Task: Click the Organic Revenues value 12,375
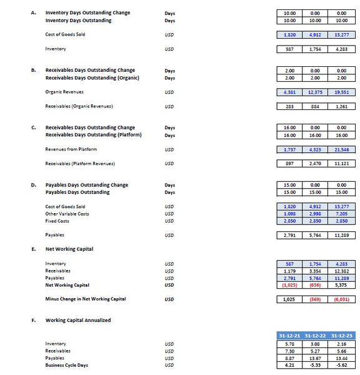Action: [x=316, y=92]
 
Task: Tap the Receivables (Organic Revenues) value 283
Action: [x=289, y=106]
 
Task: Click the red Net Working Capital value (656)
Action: [x=316, y=285]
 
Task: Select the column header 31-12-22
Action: [x=316, y=336]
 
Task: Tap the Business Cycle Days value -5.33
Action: [x=316, y=366]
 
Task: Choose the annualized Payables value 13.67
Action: [x=316, y=358]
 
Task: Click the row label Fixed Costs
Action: [x=58, y=221]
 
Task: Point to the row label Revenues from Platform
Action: [x=71, y=149]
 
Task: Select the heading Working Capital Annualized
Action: [x=78, y=320]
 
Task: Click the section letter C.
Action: [x=33, y=127]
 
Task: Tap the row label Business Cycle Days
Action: [x=66, y=366]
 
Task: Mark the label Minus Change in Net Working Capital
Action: [x=85, y=299]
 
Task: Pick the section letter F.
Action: [x=33, y=320]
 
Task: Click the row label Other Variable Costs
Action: [x=67, y=214]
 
